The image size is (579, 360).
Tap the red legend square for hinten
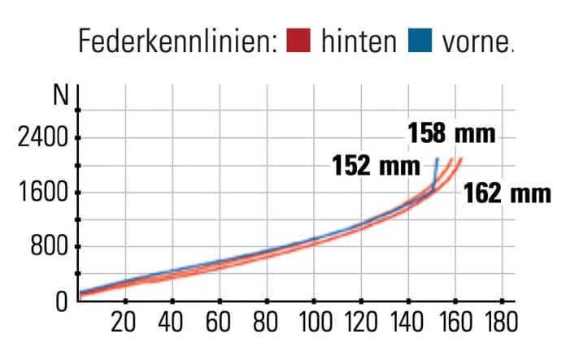click(x=300, y=41)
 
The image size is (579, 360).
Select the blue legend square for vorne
click(x=420, y=41)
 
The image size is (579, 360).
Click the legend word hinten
click(x=358, y=41)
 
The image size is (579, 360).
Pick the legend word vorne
click(x=474, y=41)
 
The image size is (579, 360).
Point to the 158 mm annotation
click(x=451, y=133)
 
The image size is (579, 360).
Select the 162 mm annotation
click(x=507, y=194)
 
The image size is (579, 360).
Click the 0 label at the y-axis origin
click(x=61, y=302)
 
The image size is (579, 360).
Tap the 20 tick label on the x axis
click(x=124, y=323)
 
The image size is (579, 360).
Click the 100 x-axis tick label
click(x=311, y=323)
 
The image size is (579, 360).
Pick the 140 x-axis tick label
click(x=407, y=323)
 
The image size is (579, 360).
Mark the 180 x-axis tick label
click(x=500, y=323)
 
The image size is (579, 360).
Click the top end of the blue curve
click(x=438, y=158)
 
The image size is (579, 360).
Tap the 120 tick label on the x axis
click(x=359, y=323)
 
